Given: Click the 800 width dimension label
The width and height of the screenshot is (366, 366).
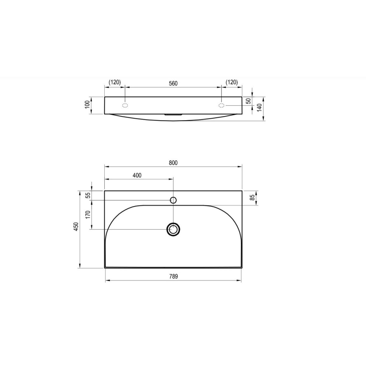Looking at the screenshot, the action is click(x=173, y=163).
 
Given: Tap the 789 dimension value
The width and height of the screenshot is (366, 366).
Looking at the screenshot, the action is click(x=174, y=276).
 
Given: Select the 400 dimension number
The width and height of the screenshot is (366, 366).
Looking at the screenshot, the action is click(x=137, y=175).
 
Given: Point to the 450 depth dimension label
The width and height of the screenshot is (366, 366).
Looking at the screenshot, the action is click(x=76, y=227).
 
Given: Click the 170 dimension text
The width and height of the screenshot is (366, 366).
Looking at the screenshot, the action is click(x=88, y=215).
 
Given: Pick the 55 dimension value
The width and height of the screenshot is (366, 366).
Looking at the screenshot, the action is click(x=88, y=195).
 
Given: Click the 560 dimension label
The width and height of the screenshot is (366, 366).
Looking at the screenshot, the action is click(x=173, y=83).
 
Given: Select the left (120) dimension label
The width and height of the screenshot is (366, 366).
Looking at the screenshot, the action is click(x=115, y=82).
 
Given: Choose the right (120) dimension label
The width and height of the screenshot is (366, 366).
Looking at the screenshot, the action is click(x=232, y=82).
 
